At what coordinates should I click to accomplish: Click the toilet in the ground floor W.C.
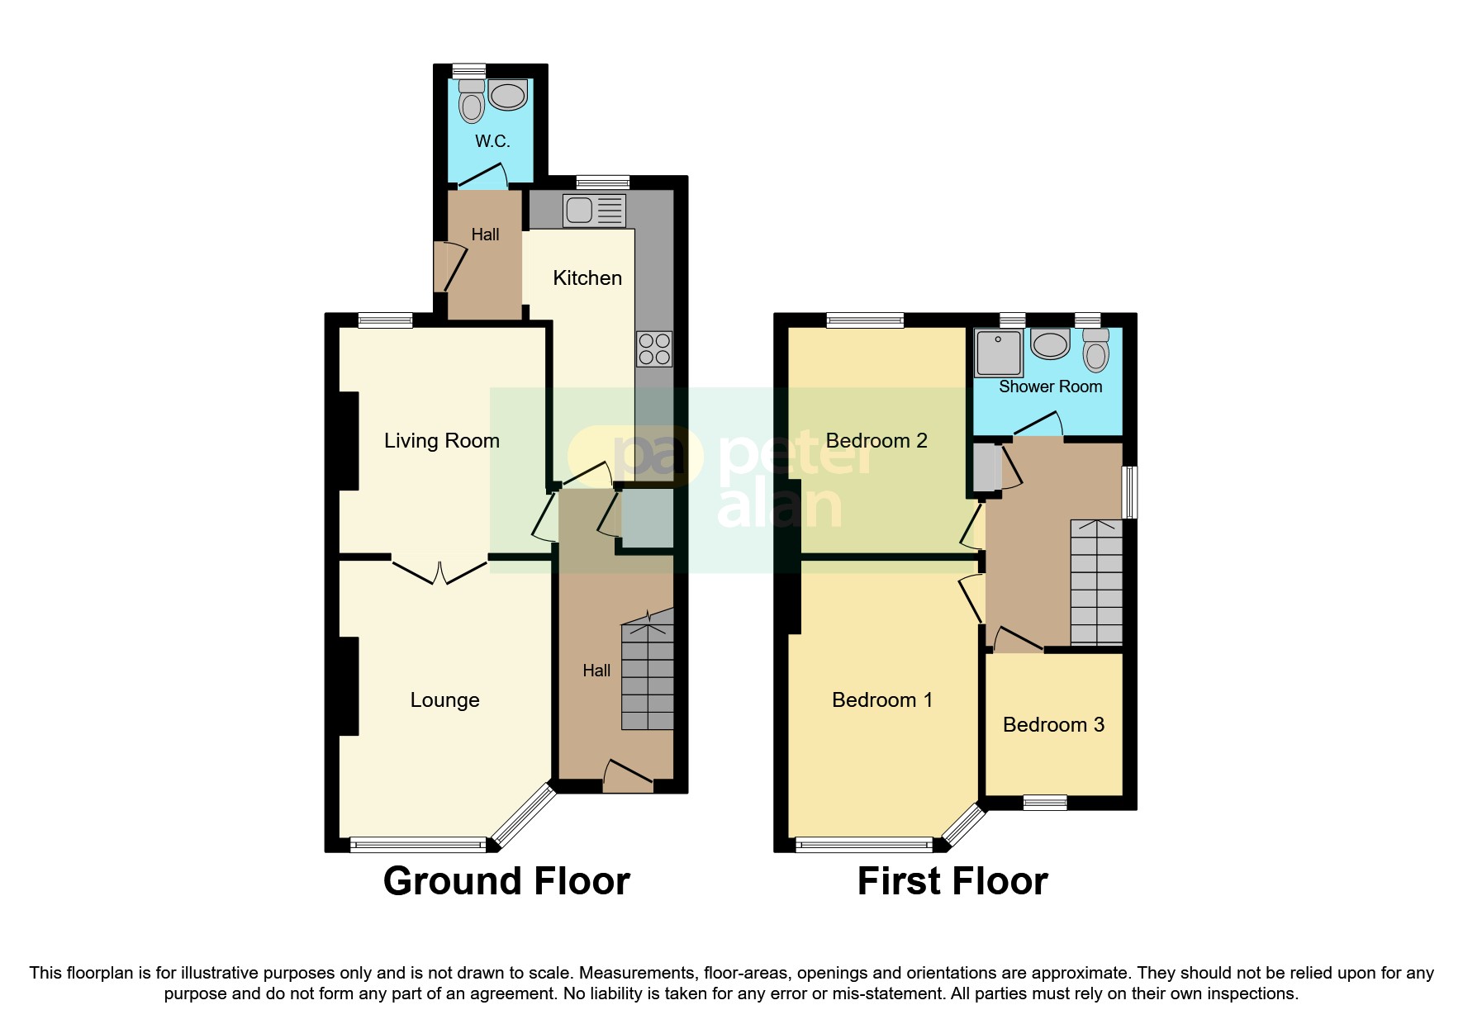coord(472,103)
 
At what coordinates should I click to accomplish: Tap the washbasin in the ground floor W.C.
coord(507,96)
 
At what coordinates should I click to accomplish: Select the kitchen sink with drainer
coord(594,210)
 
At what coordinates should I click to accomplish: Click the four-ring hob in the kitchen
coord(654,348)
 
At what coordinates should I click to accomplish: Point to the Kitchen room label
coord(587,278)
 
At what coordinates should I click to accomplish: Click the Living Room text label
coord(442,441)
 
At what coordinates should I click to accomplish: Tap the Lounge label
coord(444,700)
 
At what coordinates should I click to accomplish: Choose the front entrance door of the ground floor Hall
coord(628,776)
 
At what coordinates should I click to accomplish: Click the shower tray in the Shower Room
coord(999,353)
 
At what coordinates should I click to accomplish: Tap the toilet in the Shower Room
coord(1095,350)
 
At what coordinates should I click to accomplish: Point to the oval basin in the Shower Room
coord(1050,344)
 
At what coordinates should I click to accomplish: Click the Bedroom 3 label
coord(1053,725)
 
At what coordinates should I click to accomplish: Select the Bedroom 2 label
coord(876,441)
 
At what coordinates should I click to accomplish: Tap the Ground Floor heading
coord(506,881)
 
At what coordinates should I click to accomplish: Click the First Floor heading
coord(952,881)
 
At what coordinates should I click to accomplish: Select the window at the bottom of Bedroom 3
coord(1045,802)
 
